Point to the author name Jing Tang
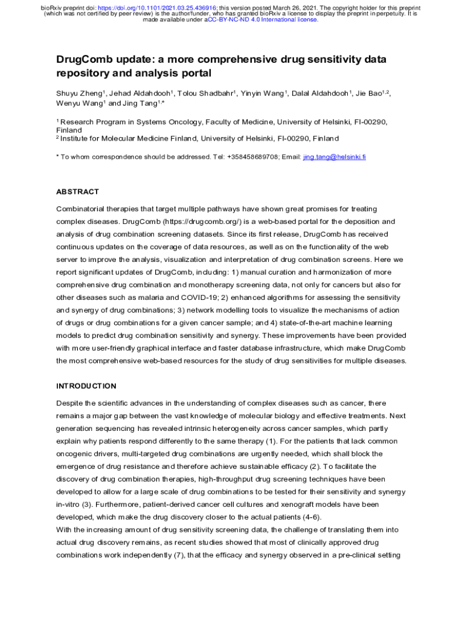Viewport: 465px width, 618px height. click(140, 104)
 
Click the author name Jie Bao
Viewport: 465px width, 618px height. click(368, 94)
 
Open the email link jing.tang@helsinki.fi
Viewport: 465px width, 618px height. click(334, 157)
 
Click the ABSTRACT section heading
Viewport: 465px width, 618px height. click(77, 192)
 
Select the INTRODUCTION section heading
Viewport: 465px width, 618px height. click(86, 386)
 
